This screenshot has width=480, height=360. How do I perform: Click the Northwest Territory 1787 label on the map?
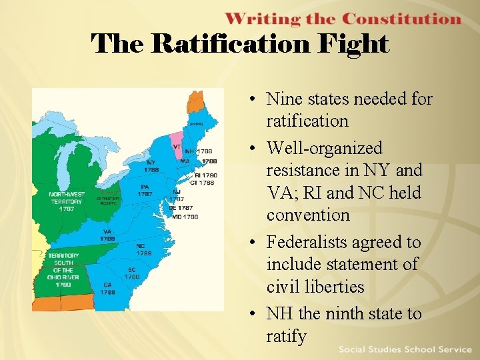coord(66,201)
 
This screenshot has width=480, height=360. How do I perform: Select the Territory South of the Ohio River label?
coord(63,270)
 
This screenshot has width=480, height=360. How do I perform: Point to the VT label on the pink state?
coord(177,146)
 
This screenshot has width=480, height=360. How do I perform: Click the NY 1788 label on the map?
coord(151,166)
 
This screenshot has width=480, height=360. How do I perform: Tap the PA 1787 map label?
coord(145,191)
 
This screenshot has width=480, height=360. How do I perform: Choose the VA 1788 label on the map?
coord(107,235)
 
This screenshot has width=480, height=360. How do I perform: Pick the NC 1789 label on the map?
coord(144,249)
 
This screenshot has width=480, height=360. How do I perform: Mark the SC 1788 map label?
coord(132,273)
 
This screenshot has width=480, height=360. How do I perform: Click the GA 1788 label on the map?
coord(107,289)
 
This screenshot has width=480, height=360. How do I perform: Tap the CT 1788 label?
coord(202,182)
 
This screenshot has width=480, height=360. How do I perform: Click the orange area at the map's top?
coord(195,101)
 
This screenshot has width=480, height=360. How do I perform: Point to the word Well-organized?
coord(325,147)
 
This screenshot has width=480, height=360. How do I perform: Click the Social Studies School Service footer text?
coord(405,349)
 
